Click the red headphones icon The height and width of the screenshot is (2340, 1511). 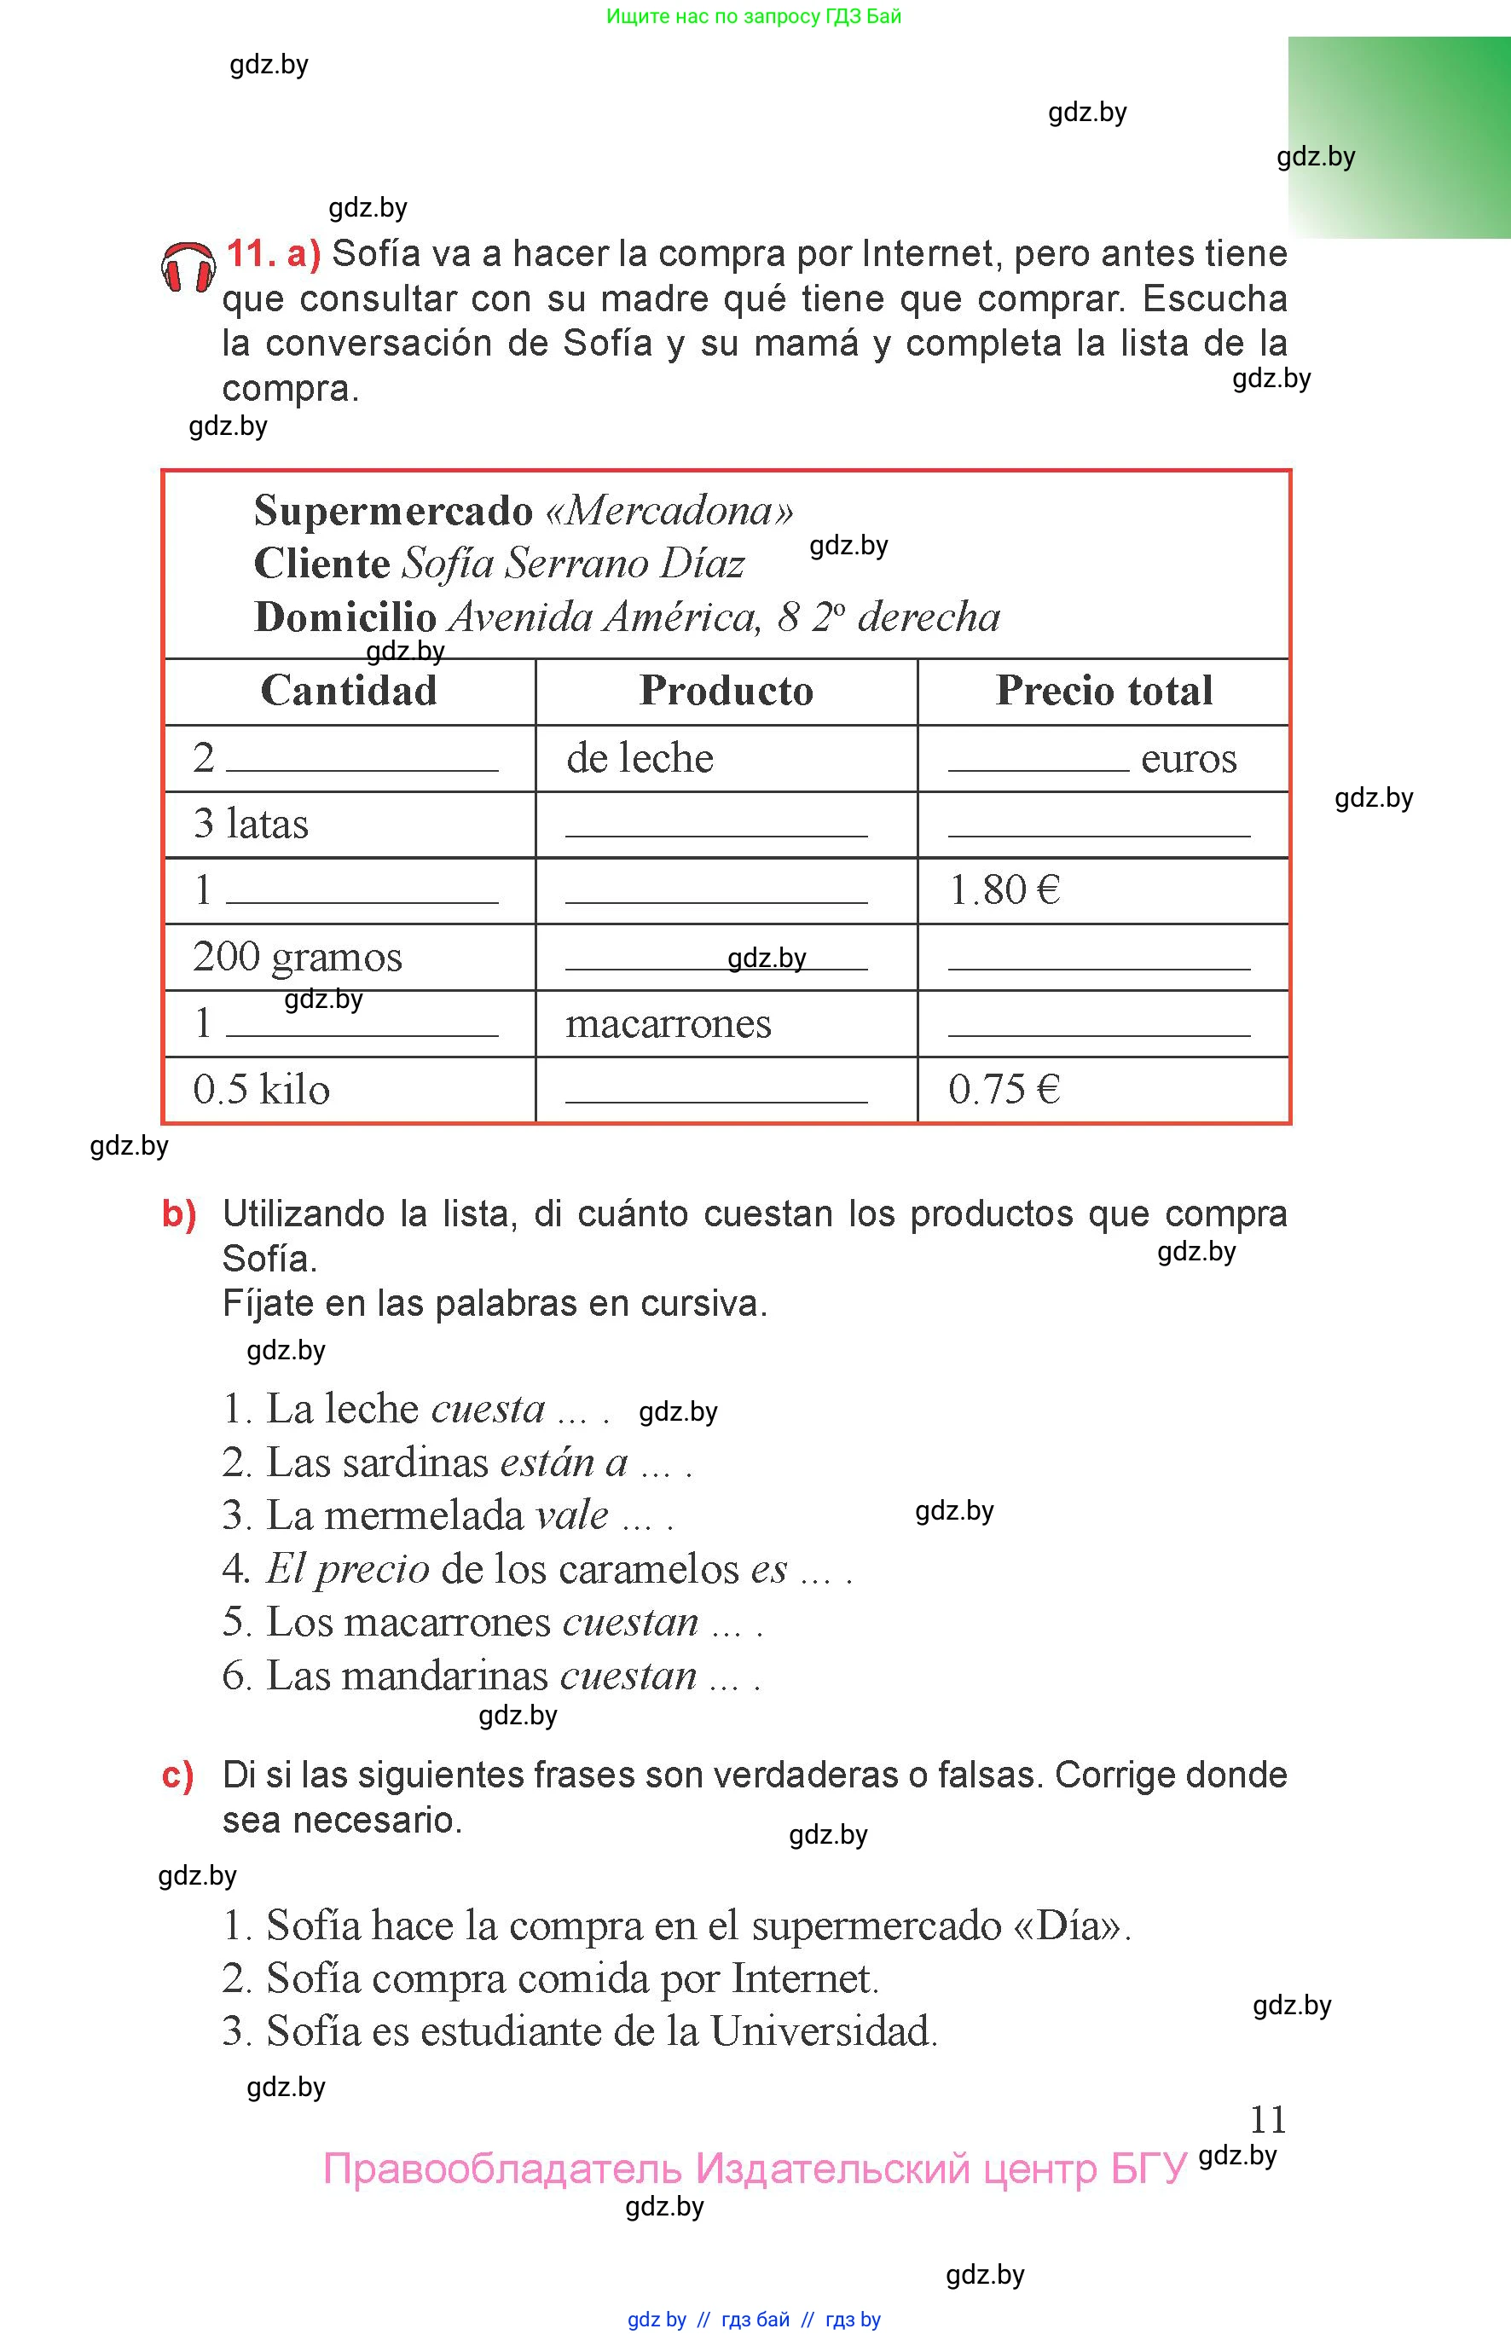tap(188, 267)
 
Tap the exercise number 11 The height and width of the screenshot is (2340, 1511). tap(252, 254)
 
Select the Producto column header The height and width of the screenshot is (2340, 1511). tap(726, 691)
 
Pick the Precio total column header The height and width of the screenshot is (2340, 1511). tap(1103, 691)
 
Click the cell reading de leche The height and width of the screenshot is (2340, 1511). tap(640, 758)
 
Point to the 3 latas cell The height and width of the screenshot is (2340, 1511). tap(252, 824)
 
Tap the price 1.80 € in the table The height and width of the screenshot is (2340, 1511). tap(1004, 891)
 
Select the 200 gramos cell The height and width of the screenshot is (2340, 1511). tap(298, 958)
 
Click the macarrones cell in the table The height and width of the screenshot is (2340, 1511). tap(669, 1024)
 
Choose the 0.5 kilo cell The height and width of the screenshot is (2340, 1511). tap(261, 1090)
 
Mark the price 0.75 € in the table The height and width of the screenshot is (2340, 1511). tap(1004, 1090)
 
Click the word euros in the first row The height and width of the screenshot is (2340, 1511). tap(1188, 758)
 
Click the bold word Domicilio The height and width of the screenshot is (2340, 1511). tap(344, 617)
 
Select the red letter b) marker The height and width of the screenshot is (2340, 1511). tap(178, 1214)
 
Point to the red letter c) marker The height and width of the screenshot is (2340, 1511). tap(177, 1775)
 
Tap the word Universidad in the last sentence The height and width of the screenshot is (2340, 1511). tap(823, 2031)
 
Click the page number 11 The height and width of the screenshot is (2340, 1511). tap(1268, 2120)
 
